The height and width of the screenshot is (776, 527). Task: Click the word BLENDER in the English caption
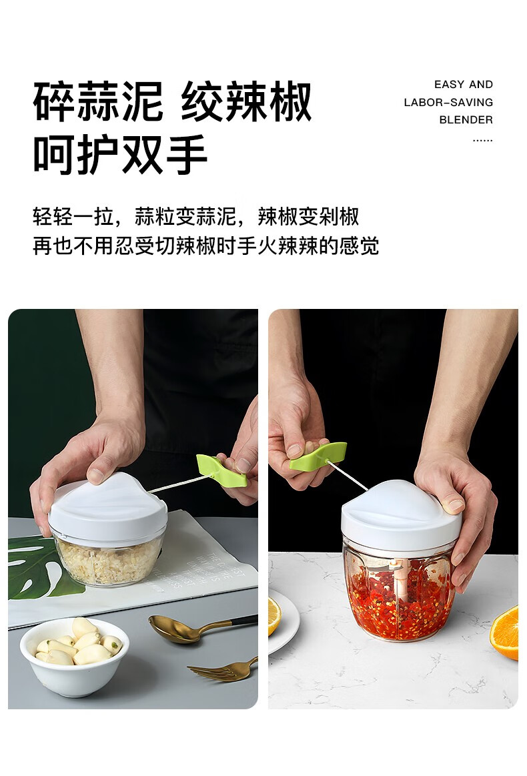pyautogui.click(x=466, y=119)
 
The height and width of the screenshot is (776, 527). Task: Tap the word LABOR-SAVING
pyautogui.click(x=448, y=103)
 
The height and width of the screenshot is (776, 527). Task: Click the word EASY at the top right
pyautogui.click(x=450, y=85)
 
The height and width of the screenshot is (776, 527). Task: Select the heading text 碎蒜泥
pyautogui.click(x=98, y=103)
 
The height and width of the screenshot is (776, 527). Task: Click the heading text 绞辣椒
pyautogui.click(x=246, y=103)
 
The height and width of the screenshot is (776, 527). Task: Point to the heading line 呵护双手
pyautogui.click(x=120, y=154)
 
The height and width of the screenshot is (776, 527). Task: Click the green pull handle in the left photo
pyautogui.click(x=221, y=470)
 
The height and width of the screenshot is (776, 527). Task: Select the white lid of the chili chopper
pyautogui.click(x=401, y=514)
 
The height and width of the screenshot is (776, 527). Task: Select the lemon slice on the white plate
pyautogui.click(x=274, y=616)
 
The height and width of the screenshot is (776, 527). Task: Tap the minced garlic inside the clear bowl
pyautogui.click(x=108, y=562)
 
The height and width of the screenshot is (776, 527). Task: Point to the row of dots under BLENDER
pyautogui.click(x=482, y=141)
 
